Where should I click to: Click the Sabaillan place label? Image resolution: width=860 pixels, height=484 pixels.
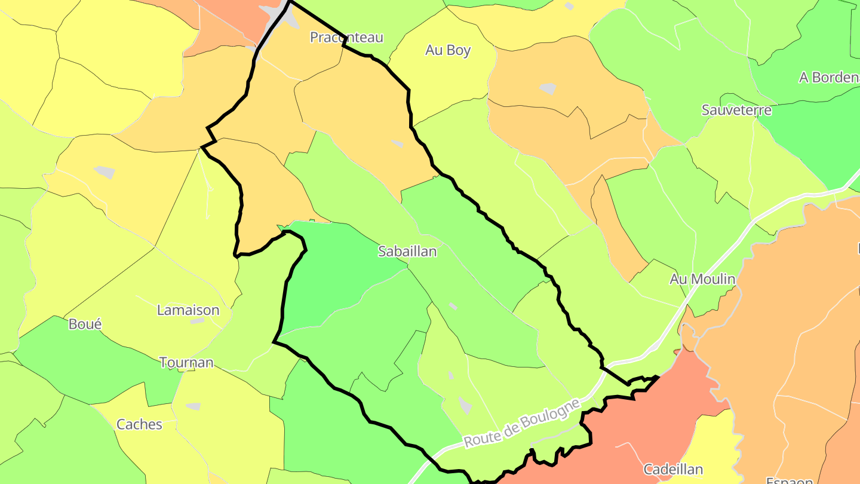click(407, 252)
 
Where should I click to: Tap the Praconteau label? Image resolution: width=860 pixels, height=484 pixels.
click(346, 37)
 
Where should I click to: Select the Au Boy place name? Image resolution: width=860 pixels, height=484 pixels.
click(448, 50)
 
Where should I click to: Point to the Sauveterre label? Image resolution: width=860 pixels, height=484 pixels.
click(736, 110)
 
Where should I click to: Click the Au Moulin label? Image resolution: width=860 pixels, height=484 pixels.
click(702, 279)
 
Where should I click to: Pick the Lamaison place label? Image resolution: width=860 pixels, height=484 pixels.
click(188, 310)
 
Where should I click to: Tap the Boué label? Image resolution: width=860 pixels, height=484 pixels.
click(85, 324)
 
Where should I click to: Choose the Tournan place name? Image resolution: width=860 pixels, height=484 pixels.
click(186, 362)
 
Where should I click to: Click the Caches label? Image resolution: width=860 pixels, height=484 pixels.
click(139, 424)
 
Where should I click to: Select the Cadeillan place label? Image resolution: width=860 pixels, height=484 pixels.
click(673, 469)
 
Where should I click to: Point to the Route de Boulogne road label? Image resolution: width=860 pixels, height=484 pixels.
click(522, 423)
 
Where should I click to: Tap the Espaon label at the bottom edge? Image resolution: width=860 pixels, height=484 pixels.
click(790, 480)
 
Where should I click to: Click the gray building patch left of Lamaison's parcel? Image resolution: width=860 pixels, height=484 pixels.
click(105, 172)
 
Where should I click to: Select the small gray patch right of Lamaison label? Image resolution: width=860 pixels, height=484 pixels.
click(197, 321)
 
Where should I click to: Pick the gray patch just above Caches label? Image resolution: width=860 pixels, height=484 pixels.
click(193, 406)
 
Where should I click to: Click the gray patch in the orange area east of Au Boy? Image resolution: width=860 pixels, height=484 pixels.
click(548, 88)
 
